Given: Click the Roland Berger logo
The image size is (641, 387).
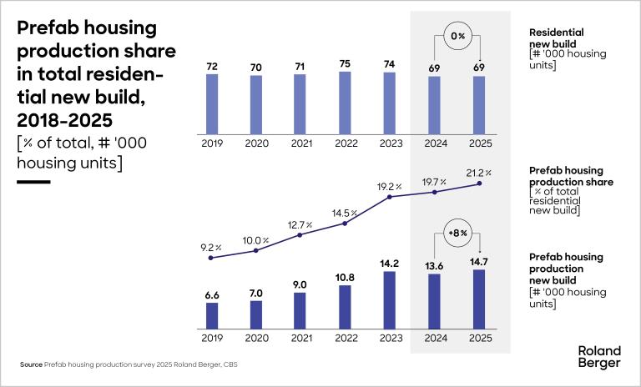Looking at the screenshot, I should pyautogui.click(x=599, y=356).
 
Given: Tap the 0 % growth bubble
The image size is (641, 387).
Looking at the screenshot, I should pyautogui.click(x=457, y=38).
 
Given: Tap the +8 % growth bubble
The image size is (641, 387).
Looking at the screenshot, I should pyautogui.click(x=457, y=234).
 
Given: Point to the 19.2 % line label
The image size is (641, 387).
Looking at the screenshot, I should pyautogui.click(x=390, y=186).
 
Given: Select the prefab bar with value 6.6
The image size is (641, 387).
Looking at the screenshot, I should pyautogui.click(x=212, y=315).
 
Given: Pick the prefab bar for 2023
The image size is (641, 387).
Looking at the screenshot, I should pyautogui.click(x=390, y=299).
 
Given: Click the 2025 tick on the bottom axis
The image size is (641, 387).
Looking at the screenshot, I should pyautogui.click(x=478, y=339).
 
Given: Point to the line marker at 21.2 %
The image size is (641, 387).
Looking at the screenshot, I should pyautogui.click(x=478, y=183).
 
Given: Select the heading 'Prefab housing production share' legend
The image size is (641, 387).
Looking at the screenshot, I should pyautogui.click(x=571, y=176).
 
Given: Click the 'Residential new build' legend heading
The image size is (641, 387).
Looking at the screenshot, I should pyautogui.click(x=557, y=38).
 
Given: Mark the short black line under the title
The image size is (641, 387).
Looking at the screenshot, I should pyautogui.click(x=33, y=181).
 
